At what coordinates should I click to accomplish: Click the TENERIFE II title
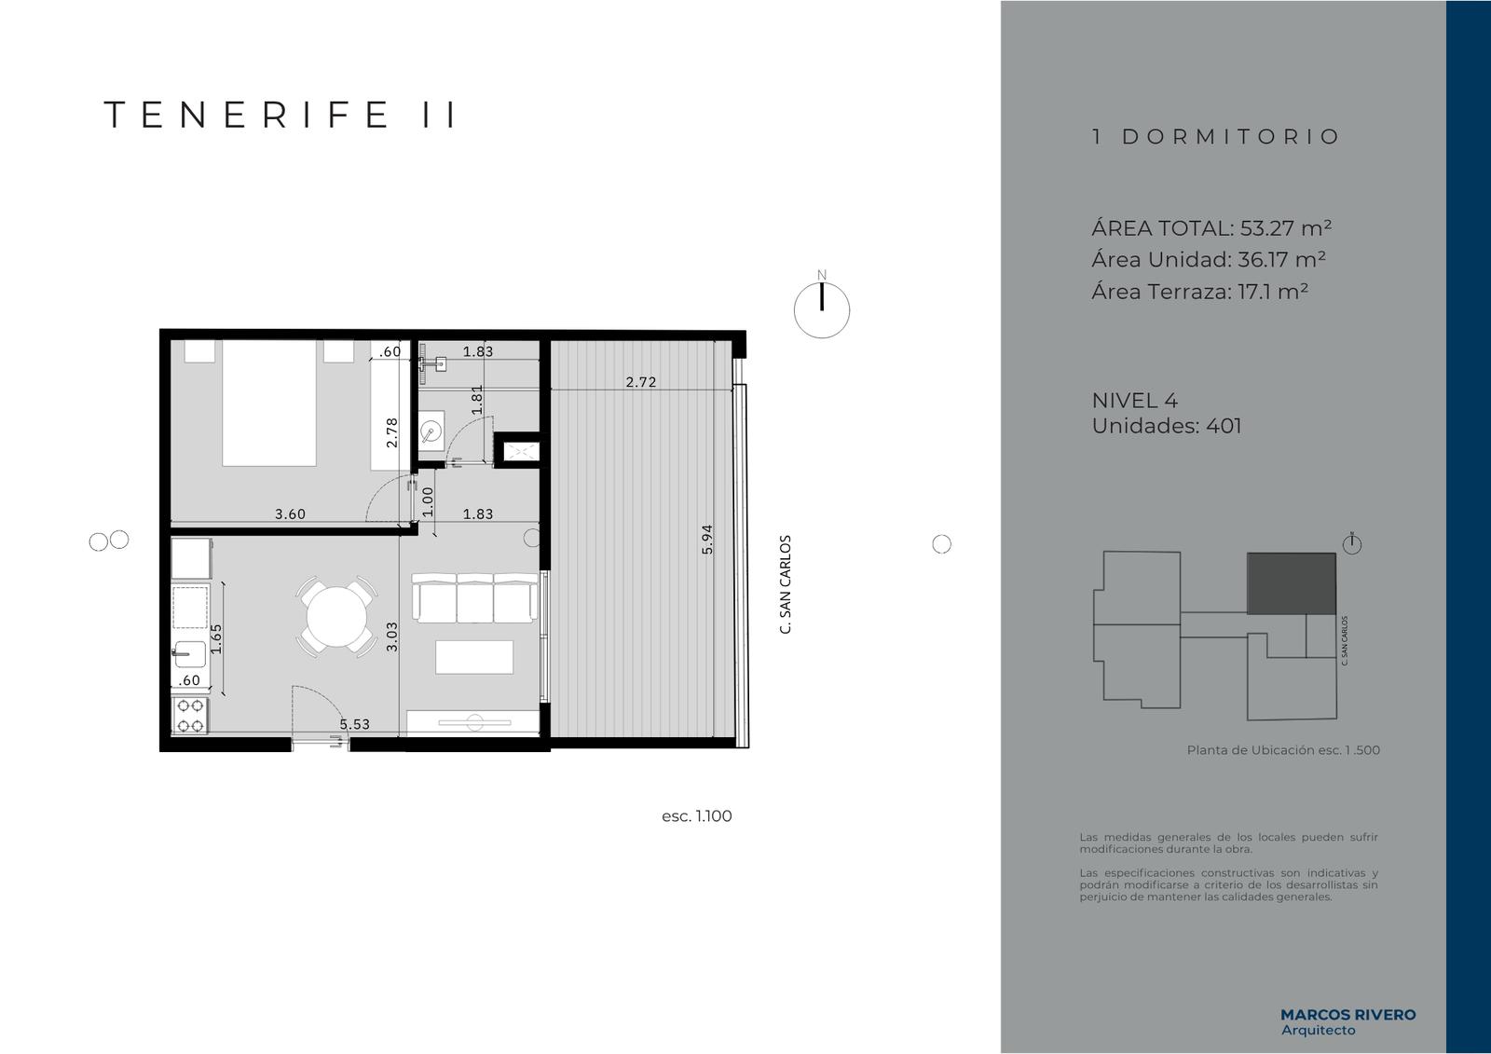tap(280, 115)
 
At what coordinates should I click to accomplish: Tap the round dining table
tap(337, 617)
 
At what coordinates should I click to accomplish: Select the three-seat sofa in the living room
tap(474, 597)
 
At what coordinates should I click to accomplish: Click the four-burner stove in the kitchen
tap(190, 715)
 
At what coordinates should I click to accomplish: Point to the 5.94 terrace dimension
tap(707, 540)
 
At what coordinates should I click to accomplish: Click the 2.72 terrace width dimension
tap(641, 382)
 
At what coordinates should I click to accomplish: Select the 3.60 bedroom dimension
tap(290, 514)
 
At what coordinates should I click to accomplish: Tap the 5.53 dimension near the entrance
tap(355, 724)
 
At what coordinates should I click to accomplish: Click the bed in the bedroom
tap(269, 403)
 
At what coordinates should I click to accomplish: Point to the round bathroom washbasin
tap(431, 432)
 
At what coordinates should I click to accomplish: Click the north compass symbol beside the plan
tap(821, 309)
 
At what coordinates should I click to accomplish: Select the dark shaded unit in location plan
tap(1292, 583)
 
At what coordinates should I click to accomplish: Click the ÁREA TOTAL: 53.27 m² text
tap(1211, 228)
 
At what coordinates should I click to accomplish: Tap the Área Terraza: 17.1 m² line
tap(1199, 292)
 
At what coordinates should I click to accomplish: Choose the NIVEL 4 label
tap(1134, 400)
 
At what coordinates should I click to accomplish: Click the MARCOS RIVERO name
tap(1347, 1015)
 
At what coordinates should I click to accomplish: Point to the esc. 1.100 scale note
tap(696, 816)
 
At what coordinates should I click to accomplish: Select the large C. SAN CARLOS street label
tap(786, 584)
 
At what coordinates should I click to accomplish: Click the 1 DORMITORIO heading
tap(1215, 136)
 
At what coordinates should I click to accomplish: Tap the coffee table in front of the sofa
tap(474, 657)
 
